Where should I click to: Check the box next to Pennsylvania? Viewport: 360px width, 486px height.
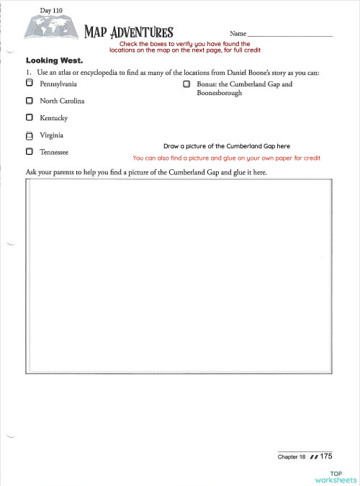(29, 85)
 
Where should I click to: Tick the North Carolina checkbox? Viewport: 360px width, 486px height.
(29, 101)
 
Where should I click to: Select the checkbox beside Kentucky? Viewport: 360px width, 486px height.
(29, 117)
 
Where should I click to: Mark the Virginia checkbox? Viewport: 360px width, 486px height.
(29, 135)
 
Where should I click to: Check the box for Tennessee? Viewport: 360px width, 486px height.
(29, 152)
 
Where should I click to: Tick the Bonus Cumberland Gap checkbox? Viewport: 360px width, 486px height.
(186, 85)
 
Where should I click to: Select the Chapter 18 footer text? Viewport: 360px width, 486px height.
(292, 456)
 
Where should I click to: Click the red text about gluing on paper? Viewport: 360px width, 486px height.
(226, 158)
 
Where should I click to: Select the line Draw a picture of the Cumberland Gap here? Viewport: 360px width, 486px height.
(226, 145)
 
